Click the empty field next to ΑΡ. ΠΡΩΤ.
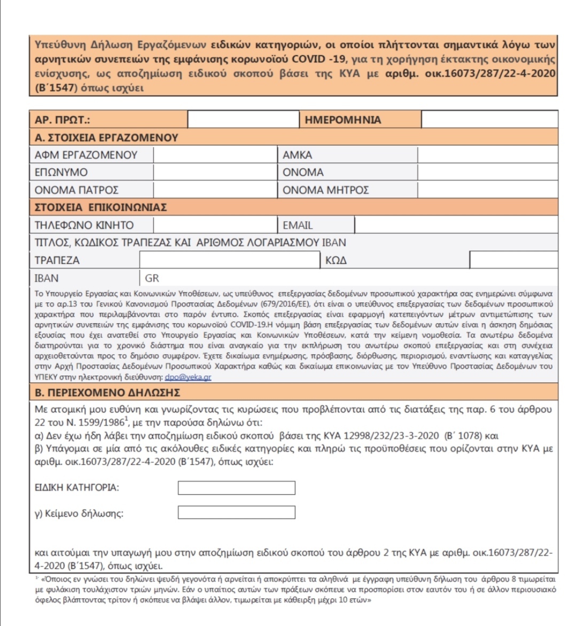[244, 119]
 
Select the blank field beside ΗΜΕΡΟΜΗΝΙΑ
[489, 119]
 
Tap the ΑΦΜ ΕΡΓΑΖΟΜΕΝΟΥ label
[86, 155]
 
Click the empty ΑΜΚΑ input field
[487, 155]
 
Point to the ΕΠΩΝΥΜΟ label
[61, 173]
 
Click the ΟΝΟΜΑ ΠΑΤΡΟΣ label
[76, 190]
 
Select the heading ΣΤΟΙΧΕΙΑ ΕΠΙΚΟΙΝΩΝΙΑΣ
[101, 207]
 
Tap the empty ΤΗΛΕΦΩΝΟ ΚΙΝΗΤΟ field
[215, 225]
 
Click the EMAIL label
[298, 225]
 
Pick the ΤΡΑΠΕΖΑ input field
[230, 260]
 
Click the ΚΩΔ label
[336, 261]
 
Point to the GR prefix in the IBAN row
[152, 278]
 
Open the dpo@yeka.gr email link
[188, 377]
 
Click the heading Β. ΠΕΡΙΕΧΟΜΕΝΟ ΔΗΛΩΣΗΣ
[107, 393]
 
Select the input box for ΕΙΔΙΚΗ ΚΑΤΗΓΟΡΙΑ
[236, 488]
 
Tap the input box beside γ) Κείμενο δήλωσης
[236, 513]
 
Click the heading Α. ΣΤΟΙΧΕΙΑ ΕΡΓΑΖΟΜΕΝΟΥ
[106, 138]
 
